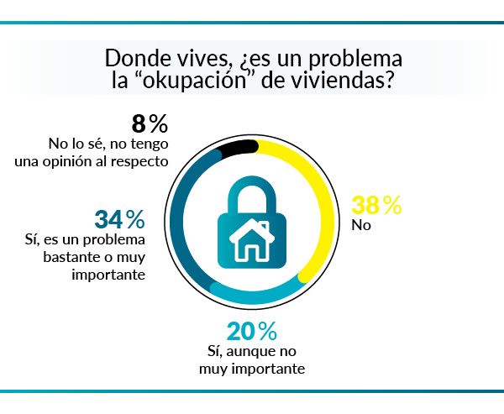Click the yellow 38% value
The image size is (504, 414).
(x=376, y=206)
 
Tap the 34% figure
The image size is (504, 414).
(x=119, y=219)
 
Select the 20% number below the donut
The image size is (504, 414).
(x=251, y=331)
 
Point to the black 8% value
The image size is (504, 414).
(x=150, y=125)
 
